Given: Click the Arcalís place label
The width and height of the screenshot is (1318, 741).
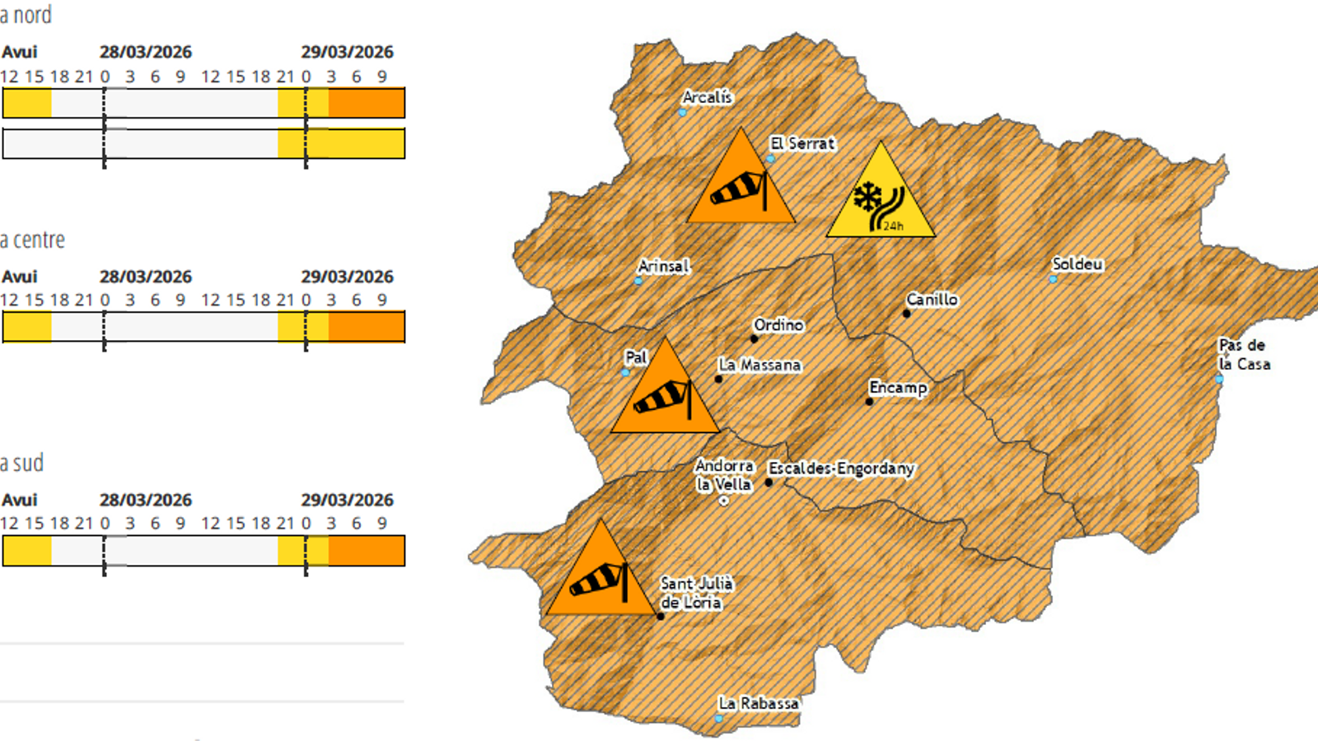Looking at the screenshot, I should click(706, 97).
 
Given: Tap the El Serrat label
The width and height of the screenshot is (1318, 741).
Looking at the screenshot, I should click(802, 143).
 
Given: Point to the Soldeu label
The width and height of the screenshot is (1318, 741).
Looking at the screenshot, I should click(1077, 264).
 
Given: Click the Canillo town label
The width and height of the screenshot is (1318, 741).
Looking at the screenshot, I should click(932, 300).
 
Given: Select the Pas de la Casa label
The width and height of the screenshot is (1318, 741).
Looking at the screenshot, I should click(1244, 355).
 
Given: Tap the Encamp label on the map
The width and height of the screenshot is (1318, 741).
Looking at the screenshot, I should click(898, 388).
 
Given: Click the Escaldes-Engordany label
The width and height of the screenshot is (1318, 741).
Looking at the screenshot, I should click(841, 468).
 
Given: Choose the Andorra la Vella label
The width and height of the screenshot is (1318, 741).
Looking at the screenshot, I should click(724, 475).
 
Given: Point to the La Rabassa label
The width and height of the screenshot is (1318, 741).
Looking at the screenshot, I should click(759, 703).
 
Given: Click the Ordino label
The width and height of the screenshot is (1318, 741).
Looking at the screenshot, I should click(778, 325).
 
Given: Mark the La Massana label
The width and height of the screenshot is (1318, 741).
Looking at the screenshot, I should click(759, 365).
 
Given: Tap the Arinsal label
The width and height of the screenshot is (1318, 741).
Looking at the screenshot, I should click(663, 266).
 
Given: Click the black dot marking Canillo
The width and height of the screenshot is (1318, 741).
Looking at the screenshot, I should click(906, 314).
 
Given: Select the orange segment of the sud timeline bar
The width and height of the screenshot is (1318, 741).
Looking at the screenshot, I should click(367, 551).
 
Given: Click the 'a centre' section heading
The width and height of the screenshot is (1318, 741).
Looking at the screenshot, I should click(33, 240).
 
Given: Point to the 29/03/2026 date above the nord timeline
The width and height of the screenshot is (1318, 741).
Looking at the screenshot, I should click(347, 52).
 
